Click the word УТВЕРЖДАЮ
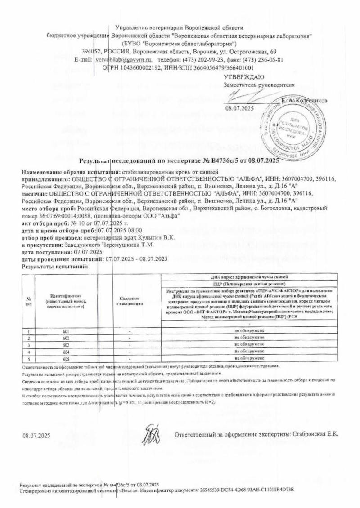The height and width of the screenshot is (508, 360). (244, 76)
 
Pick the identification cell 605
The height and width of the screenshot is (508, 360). (66, 358)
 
